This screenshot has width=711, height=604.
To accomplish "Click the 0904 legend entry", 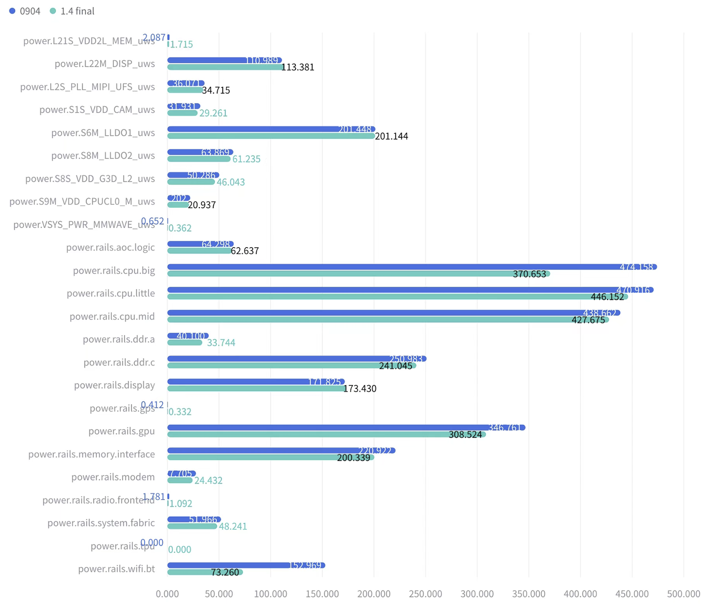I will click(25, 11).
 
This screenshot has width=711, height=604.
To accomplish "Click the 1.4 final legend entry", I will click(72, 11).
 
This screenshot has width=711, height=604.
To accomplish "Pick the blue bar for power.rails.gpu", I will click(325, 427).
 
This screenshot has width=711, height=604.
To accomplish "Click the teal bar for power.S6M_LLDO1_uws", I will click(271, 136).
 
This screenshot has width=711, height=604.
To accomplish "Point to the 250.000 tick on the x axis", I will click(425, 593).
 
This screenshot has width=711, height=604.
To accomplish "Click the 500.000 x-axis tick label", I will click(683, 593).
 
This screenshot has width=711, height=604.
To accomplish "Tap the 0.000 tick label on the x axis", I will click(167, 593).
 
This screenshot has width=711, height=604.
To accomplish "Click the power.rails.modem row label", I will click(113, 477).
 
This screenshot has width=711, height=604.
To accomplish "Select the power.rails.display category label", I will click(114, 385).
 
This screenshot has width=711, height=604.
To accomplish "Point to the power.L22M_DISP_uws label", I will click(105, 64).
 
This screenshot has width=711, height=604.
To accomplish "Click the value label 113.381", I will click(298, 67).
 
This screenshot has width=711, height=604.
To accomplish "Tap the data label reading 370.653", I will click(529, 274).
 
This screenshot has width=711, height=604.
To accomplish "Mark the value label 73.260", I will click(225, 572).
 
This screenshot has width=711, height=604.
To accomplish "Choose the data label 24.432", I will click(208, 480).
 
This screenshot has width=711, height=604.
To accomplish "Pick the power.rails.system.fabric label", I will click(101, 523).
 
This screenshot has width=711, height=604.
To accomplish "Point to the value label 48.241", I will click(233, 526).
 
